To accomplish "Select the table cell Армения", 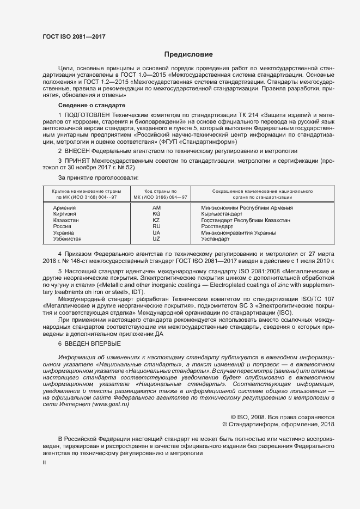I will (64, 208).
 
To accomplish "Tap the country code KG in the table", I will (156, 214).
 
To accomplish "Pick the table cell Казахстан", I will (66, 220).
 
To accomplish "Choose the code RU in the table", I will (156, 226).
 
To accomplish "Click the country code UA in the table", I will (156, 232).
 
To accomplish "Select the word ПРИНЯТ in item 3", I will (76, 162).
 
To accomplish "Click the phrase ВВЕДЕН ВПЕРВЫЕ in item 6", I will (93, 344).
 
